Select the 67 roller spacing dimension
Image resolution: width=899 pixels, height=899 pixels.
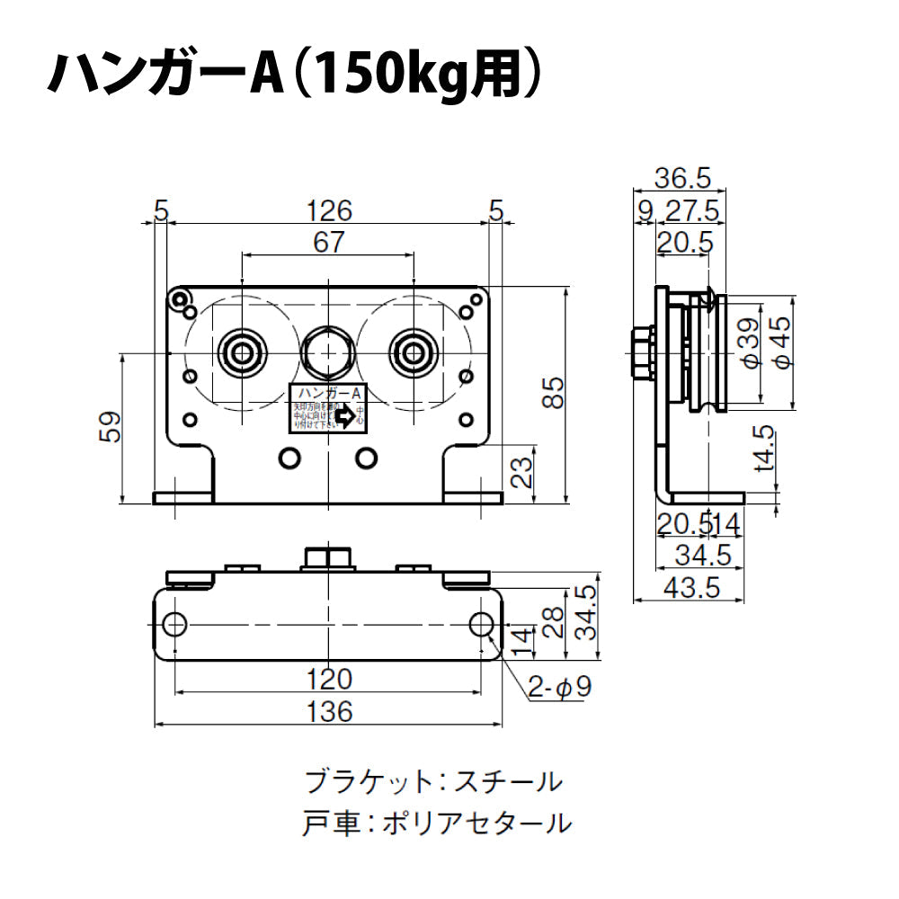tap(329, 242)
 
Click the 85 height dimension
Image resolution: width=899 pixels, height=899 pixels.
tap(556, 392)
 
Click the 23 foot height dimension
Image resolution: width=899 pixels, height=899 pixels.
tap(521, 471)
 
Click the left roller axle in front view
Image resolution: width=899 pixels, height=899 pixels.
tap(243, 352)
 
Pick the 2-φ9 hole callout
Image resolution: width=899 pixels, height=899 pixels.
tap(558, 689)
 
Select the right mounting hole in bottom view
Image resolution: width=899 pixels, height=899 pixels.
tap(481, 623)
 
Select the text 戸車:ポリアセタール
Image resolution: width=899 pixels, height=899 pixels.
tap(438, 823)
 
